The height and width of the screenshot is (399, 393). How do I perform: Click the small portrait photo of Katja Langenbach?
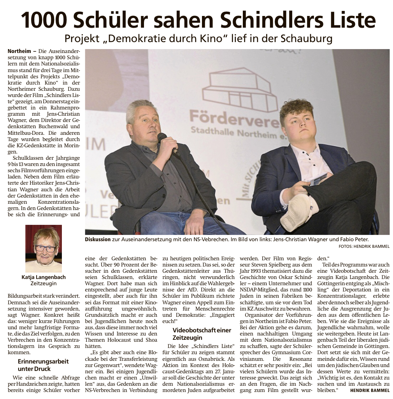click(44, 248)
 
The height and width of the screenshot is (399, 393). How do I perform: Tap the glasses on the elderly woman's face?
click(45, 248)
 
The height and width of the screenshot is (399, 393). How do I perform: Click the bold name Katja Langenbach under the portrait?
click(44, 277)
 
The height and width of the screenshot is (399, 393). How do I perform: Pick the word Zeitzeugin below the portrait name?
click(44, 284)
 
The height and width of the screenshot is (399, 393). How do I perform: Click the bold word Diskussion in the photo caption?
click(98, 240)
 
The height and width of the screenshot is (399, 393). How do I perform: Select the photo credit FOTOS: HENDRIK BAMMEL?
click(364, 246)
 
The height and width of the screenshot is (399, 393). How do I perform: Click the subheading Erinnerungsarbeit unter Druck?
click(43, 365)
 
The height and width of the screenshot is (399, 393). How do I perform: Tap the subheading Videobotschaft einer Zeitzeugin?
click(202, 334)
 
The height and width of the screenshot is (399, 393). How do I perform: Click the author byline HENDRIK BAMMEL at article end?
click(370, 390)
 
